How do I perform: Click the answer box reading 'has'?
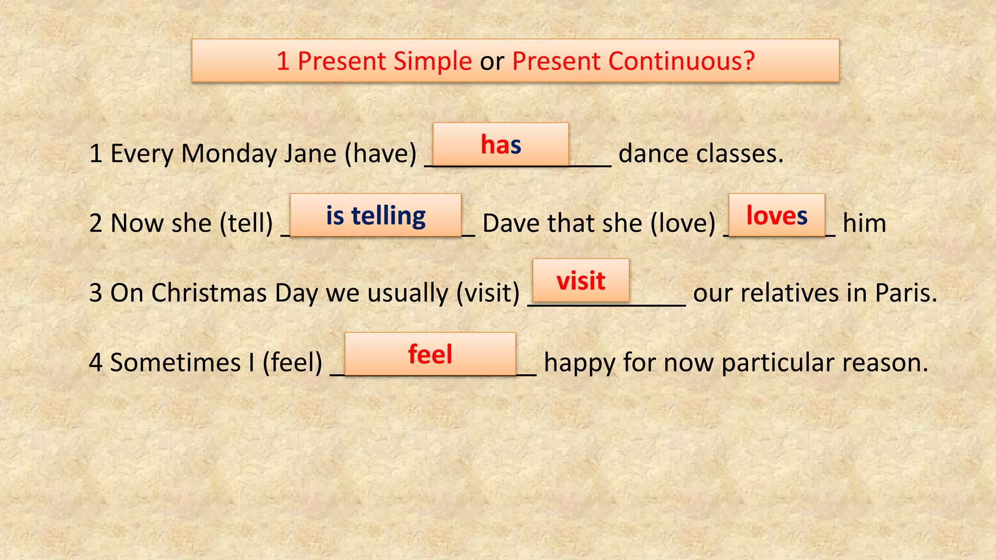click(x=500, y=144)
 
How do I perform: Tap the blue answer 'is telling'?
click(x=375, y=215)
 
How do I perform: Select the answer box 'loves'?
click(x=777, y=215)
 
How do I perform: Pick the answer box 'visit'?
click(x=581, y=280)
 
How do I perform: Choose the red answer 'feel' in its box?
click(x=430, y=354)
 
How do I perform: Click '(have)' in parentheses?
click(x=380, y=154)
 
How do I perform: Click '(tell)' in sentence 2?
click(x=246, y=224)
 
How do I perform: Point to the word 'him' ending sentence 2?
click(x=864, y=224)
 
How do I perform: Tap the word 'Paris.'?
click(x=906, y=293)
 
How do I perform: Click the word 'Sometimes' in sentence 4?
click(x=175, y=363)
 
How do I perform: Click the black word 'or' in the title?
click(x=492, y=61)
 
